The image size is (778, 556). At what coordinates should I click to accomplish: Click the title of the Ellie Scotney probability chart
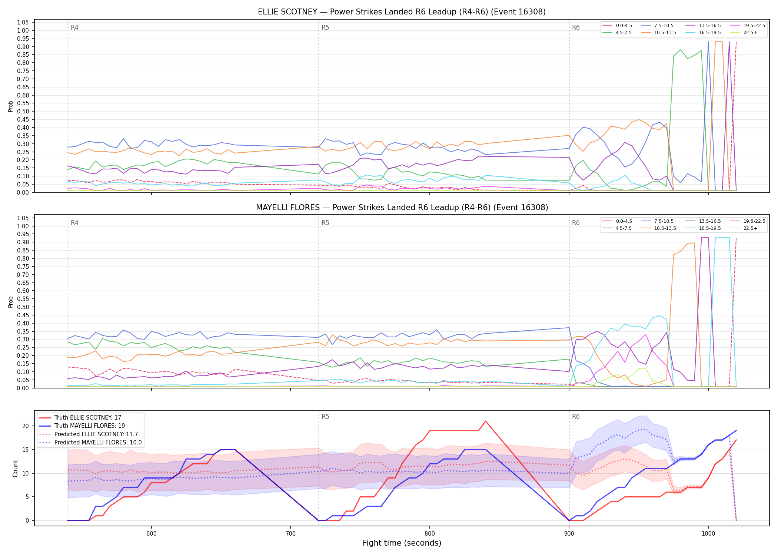coord(402,12)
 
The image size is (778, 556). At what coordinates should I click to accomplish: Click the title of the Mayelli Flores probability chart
coord(402,208)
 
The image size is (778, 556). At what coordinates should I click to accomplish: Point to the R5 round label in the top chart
coord(325,27)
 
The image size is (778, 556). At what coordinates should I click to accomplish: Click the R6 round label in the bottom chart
coord(576,417)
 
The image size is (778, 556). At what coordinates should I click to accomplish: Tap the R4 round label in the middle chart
coord(74,223)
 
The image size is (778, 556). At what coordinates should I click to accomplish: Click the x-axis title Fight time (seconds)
coord(402,543)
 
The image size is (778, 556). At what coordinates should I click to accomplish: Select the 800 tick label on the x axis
coord(429,533)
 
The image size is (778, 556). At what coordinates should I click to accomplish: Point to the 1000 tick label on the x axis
coord(708,533)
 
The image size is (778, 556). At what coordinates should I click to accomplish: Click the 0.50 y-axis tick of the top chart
coord(23,111)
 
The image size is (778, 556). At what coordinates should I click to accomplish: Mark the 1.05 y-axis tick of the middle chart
coord(23,218)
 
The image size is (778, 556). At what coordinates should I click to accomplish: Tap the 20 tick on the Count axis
coord(25,426)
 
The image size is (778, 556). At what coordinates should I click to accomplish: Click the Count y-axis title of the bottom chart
coord(15,468)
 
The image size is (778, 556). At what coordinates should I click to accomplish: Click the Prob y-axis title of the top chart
coord(11,106)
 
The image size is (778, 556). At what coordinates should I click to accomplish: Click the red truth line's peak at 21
coord(485,421)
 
